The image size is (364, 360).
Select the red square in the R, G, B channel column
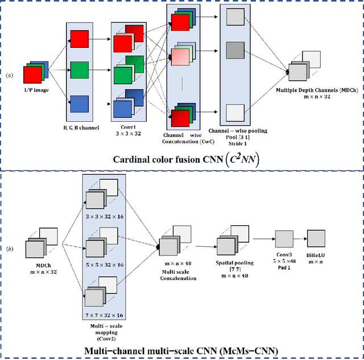[78, 39]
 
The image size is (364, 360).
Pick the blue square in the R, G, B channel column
[78, 105]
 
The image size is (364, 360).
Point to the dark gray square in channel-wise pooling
[234, 51]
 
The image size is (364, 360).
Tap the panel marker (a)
[9, 75]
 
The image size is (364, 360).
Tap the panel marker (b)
[9, 249]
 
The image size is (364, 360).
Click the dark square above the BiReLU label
[316, 237]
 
